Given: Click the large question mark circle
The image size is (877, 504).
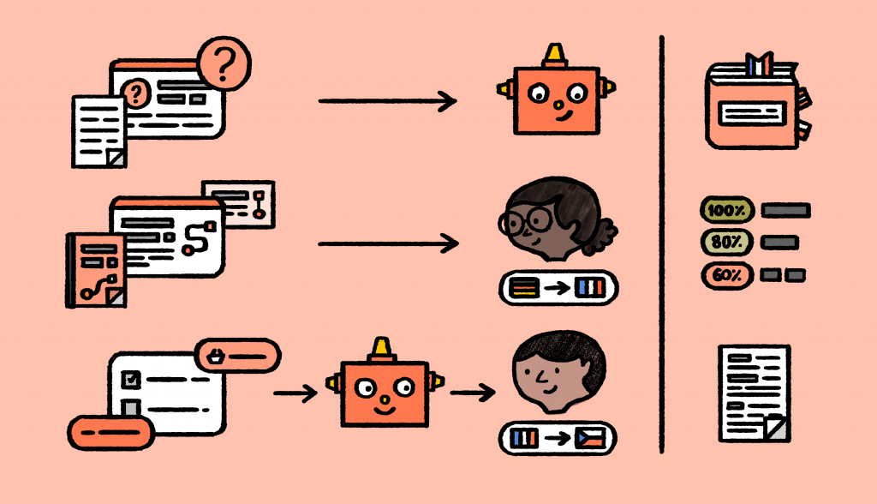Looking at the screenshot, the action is (x=224, y=63).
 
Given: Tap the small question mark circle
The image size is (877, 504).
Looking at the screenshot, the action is (x=135, y=93).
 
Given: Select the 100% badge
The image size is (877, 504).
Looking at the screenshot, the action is (x=726, y=211).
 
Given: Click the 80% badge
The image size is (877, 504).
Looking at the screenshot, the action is (x=726, y=242).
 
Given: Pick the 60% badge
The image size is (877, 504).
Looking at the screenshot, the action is (x=727, y=275).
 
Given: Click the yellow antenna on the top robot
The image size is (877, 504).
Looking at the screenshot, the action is (x=555, y=54).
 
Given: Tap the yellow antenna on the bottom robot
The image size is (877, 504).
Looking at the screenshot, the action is (x=381, y=348).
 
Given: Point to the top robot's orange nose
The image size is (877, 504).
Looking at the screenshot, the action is (x=558, y=105).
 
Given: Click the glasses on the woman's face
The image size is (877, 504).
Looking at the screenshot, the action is (x=526, y=221).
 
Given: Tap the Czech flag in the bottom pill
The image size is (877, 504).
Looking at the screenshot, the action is (x=590, y=438).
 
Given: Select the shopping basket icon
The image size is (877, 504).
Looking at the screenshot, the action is (x=216, y=357).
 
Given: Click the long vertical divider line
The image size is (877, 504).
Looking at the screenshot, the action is (x=662, y=244).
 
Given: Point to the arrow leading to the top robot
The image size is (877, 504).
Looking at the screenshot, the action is (x=388, y=101).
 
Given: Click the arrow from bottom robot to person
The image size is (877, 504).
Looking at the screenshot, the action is (x=473, y=393).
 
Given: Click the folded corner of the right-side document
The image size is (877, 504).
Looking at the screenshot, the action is (x=776, y=429).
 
